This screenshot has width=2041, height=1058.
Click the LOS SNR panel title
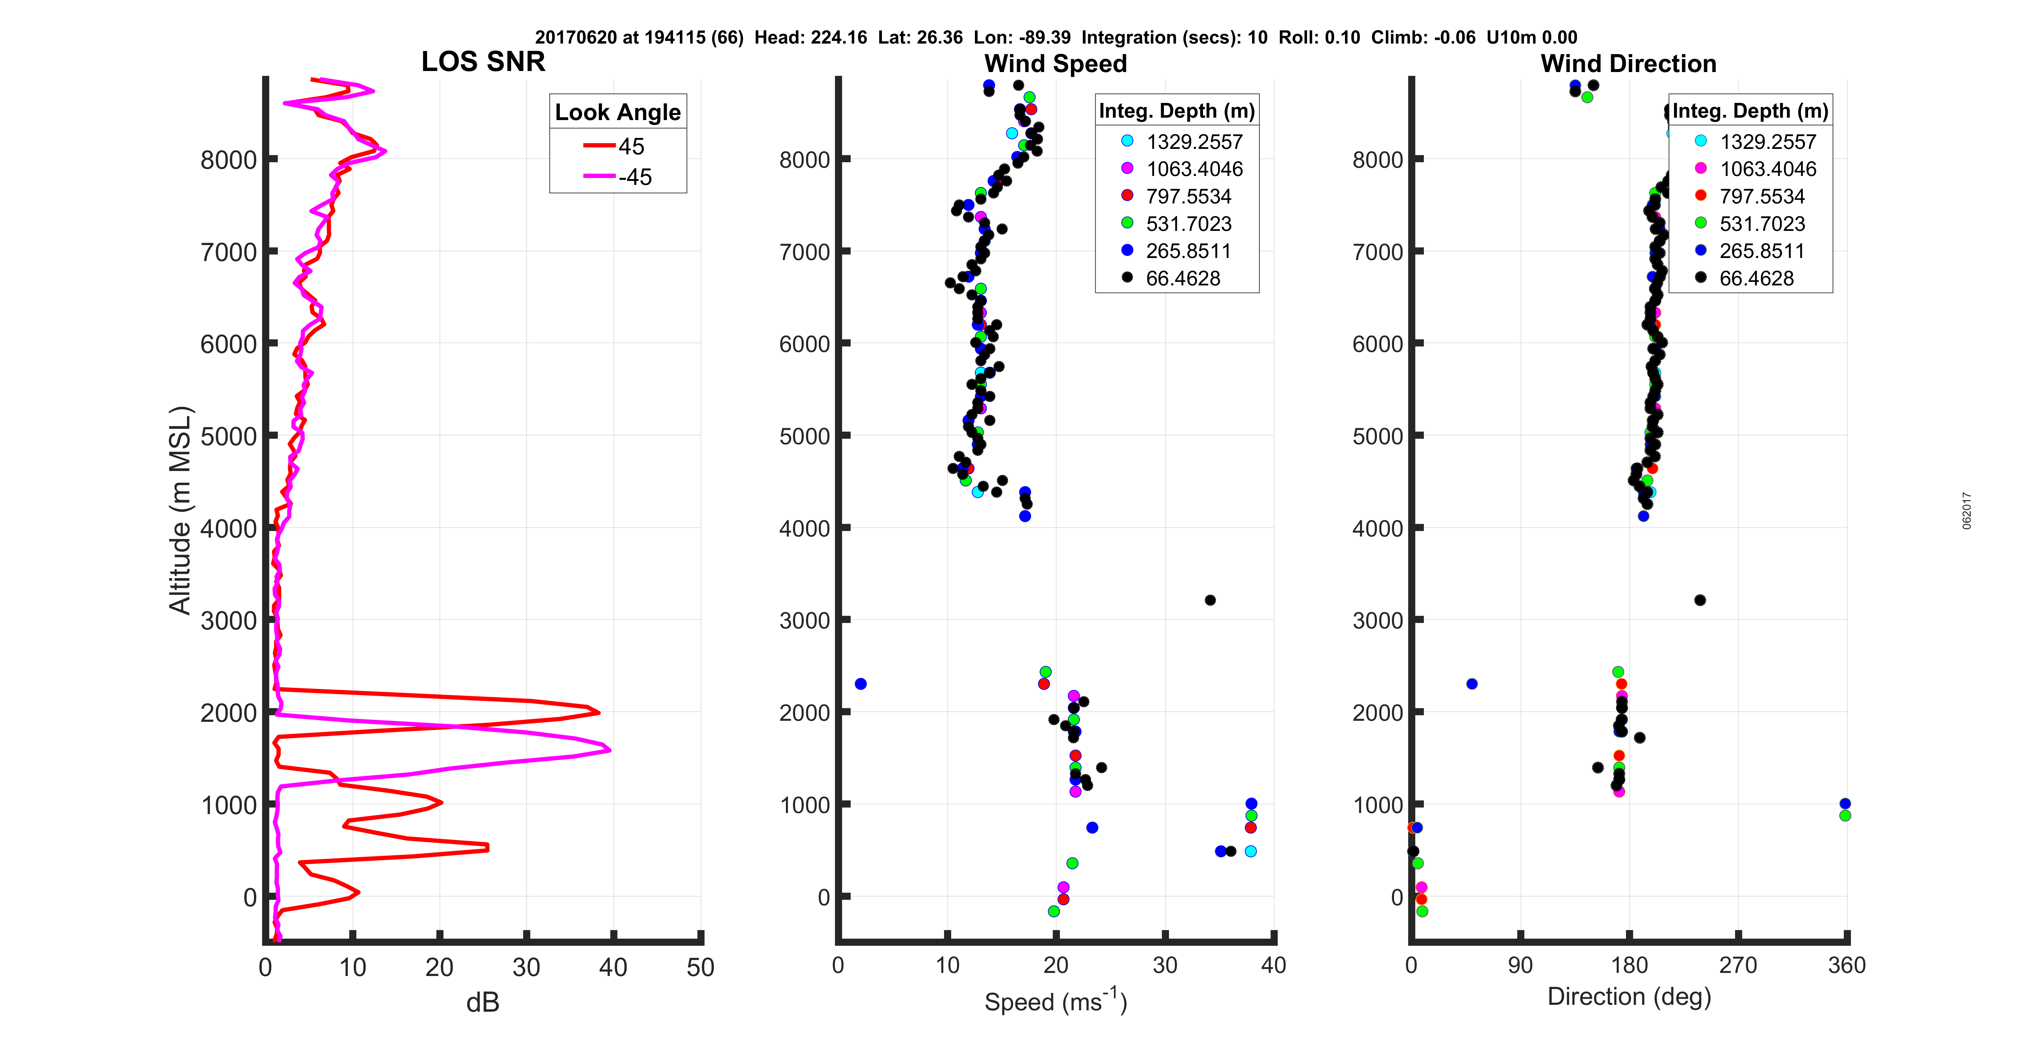[x=483, y=62]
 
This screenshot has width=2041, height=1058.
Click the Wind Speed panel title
[x=1055, y=63]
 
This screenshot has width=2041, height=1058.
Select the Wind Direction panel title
[x=1628, y=63]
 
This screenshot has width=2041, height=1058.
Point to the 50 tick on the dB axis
[x=700, y=967]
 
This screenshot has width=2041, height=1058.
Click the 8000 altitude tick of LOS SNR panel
[x=228, y=160]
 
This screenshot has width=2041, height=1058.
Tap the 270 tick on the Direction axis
[x=1737, y=965]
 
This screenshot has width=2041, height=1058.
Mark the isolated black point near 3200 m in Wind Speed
[x=1210, y=600]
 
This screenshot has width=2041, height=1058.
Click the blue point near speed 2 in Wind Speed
[x=860, y=684]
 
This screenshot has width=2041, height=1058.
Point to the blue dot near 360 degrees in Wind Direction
[x=1844, y=803]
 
